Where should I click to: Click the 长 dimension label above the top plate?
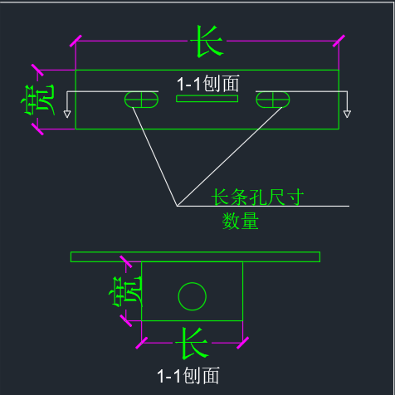tap(209, 41)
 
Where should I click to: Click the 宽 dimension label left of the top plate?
tap(38, 100)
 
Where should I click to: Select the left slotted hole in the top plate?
tap(141, 100)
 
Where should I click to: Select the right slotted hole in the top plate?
tap(273, 100)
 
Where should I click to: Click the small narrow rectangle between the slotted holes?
tap(207, 99)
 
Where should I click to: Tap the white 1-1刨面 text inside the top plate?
tap(207, 84)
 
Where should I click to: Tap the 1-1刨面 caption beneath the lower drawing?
tap(188, 375)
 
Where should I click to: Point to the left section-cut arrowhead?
tap(67, 114)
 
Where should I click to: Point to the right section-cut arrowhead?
tap(347, 114)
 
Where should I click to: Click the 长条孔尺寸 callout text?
tap(257, 197)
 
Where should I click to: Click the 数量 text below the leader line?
tap(241, 221)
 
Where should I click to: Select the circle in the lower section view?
tap(193, 282)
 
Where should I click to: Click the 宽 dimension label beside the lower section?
tap(126, 291)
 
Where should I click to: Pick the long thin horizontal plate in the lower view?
tap(195, 256)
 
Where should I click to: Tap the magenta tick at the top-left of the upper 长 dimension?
tap(76, 41)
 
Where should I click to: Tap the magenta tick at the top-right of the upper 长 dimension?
tap(339, 41)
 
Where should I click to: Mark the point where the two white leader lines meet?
tap(177, 206)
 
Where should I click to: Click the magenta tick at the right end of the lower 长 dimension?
tap(243, 343)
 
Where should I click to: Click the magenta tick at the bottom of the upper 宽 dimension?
tap(37, 129)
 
